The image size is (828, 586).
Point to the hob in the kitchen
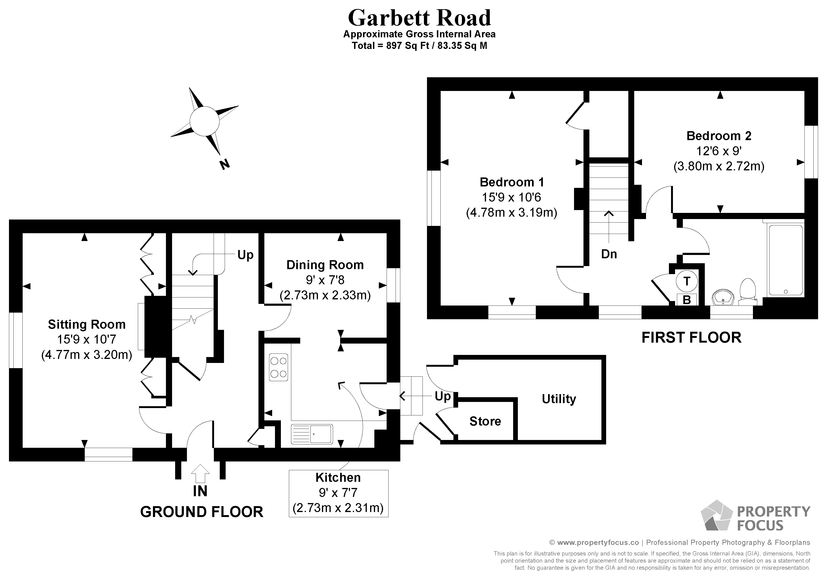pos(279,367)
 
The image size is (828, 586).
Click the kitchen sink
pos(312,434)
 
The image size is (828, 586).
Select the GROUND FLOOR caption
pos(202,512)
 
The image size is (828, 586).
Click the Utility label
pos(559,399)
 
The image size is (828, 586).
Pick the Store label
pos(485,421)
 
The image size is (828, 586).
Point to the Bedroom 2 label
pos(719,136)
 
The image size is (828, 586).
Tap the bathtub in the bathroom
pos(786,260)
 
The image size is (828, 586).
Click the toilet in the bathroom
pos(747,289)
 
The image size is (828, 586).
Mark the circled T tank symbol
pos(687,281)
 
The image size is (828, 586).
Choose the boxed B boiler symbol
pos(687,299)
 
